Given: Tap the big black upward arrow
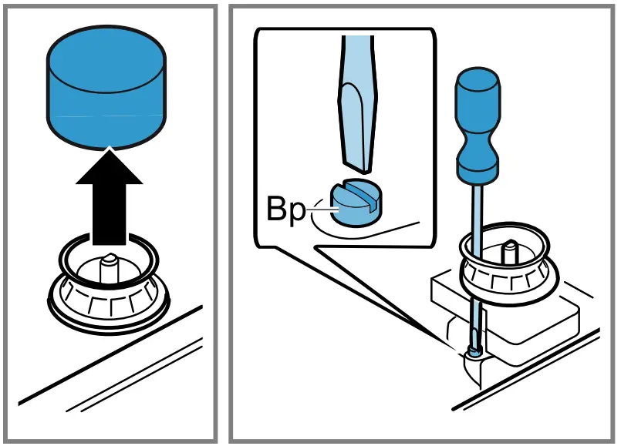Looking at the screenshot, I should (110, 204).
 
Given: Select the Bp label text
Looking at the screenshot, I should (286, 210).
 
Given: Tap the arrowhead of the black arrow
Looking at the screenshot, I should (110, 166).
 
